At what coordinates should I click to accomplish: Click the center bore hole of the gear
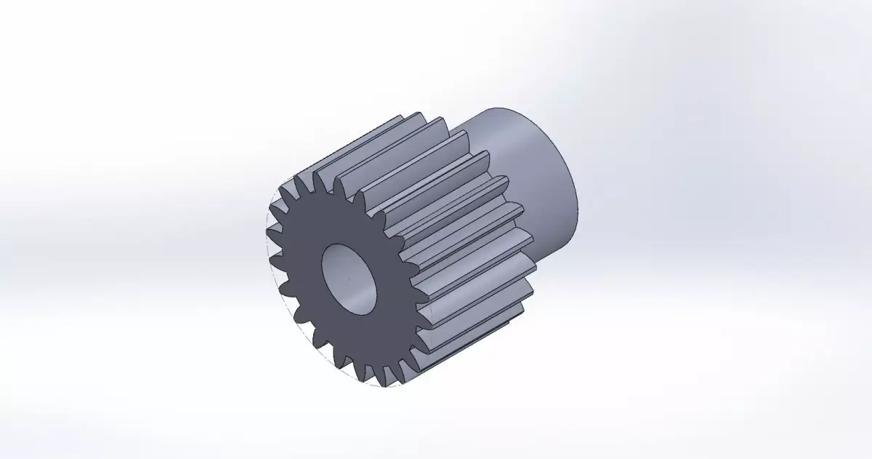point(350,279)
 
